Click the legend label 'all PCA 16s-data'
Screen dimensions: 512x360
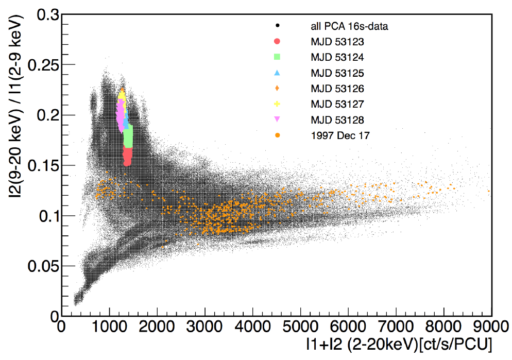(349, 26)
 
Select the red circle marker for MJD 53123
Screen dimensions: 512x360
(277, 41)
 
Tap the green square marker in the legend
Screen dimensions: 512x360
(277, 57)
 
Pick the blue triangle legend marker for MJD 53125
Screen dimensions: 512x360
(277, 73)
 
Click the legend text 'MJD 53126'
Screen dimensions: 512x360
(337, 89)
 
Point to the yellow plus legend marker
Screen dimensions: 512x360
(277, 104)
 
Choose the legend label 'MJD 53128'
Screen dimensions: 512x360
(337, 120)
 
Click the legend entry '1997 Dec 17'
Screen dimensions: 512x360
(340, 135)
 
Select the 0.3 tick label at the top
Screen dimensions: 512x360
(48, 15)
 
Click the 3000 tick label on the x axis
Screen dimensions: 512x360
(204, 327)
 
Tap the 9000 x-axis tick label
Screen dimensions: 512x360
(491, 327)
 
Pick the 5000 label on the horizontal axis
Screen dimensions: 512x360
(300, 327)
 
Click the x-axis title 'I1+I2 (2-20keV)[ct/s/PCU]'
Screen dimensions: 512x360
(399, 344)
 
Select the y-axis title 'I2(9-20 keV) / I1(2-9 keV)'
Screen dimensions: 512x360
(16, 107)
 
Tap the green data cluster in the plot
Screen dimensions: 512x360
(128, 136)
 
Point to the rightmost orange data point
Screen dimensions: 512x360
(489, 191)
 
